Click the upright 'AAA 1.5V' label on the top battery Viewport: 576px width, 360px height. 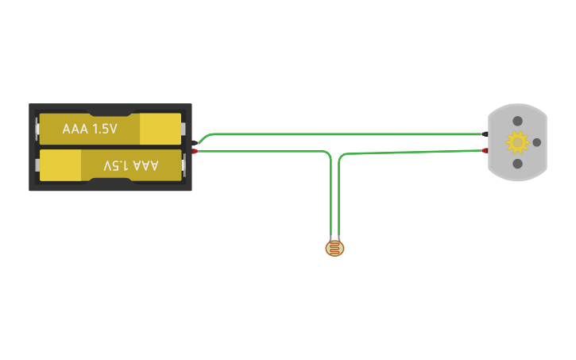pos(90,129)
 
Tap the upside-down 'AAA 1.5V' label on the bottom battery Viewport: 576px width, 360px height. pos(131,165)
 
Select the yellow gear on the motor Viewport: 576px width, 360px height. pos(517,142)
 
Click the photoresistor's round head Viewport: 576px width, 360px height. pos(335,249)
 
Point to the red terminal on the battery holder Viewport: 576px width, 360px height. pos(195,151)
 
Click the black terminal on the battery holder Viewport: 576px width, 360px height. pos(195,142)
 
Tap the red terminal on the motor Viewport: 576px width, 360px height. pos(485,149)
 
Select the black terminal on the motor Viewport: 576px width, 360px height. pos(485,134)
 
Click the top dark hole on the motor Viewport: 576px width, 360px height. pos(517,121)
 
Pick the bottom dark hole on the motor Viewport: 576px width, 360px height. pos(517,164)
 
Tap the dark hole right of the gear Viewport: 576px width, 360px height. pos(536,142)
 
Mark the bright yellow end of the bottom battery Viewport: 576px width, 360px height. pos(60,165)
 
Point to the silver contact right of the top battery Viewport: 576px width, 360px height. pos(184,129)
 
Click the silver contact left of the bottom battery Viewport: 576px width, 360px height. pos(37,165)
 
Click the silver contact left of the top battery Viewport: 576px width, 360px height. pos(37,129)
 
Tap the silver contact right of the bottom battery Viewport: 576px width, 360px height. pos(184,165)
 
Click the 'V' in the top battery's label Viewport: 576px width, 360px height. pos(113,129)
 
